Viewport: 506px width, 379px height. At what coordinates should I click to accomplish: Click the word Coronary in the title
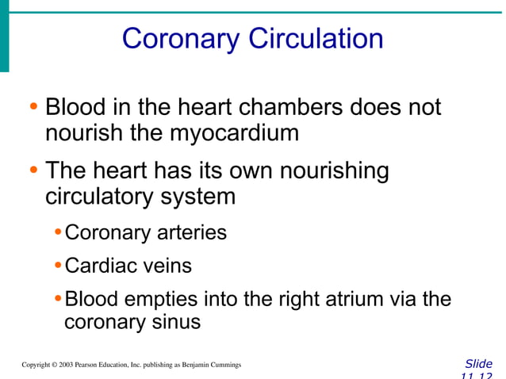(x=182, y=38)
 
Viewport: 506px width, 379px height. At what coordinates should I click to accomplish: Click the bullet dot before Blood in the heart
(x=33, y=107)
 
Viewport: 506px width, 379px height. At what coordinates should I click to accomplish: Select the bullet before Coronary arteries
(x=59, y=233)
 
